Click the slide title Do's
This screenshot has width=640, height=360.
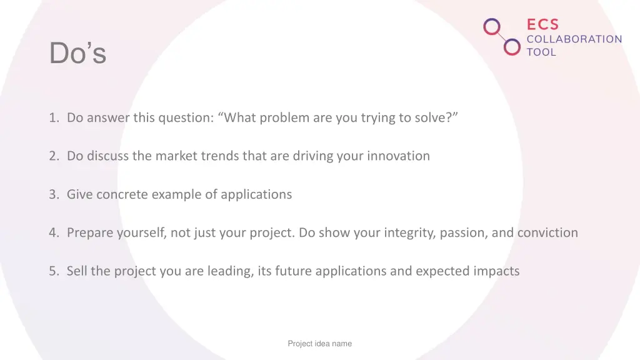pos(77,53)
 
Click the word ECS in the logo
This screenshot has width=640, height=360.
pos(542,24)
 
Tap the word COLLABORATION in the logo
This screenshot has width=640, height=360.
pos(574,39)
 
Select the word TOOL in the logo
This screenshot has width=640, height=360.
pos(541,52)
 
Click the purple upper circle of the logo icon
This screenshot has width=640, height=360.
pos(492,27)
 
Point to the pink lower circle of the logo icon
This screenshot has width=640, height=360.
pos(512,47)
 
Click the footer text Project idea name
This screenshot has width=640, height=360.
pos(319,343)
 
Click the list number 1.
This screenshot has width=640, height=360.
pos(54,117)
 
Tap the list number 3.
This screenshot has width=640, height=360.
pos(54,194)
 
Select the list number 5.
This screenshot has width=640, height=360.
pos(54,271)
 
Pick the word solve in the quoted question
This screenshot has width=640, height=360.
pos(431,117)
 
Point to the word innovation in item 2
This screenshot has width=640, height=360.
pos(398,156)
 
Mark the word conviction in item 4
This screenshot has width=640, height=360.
pos(547,233)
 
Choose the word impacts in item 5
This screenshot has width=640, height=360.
pos(497,271)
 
